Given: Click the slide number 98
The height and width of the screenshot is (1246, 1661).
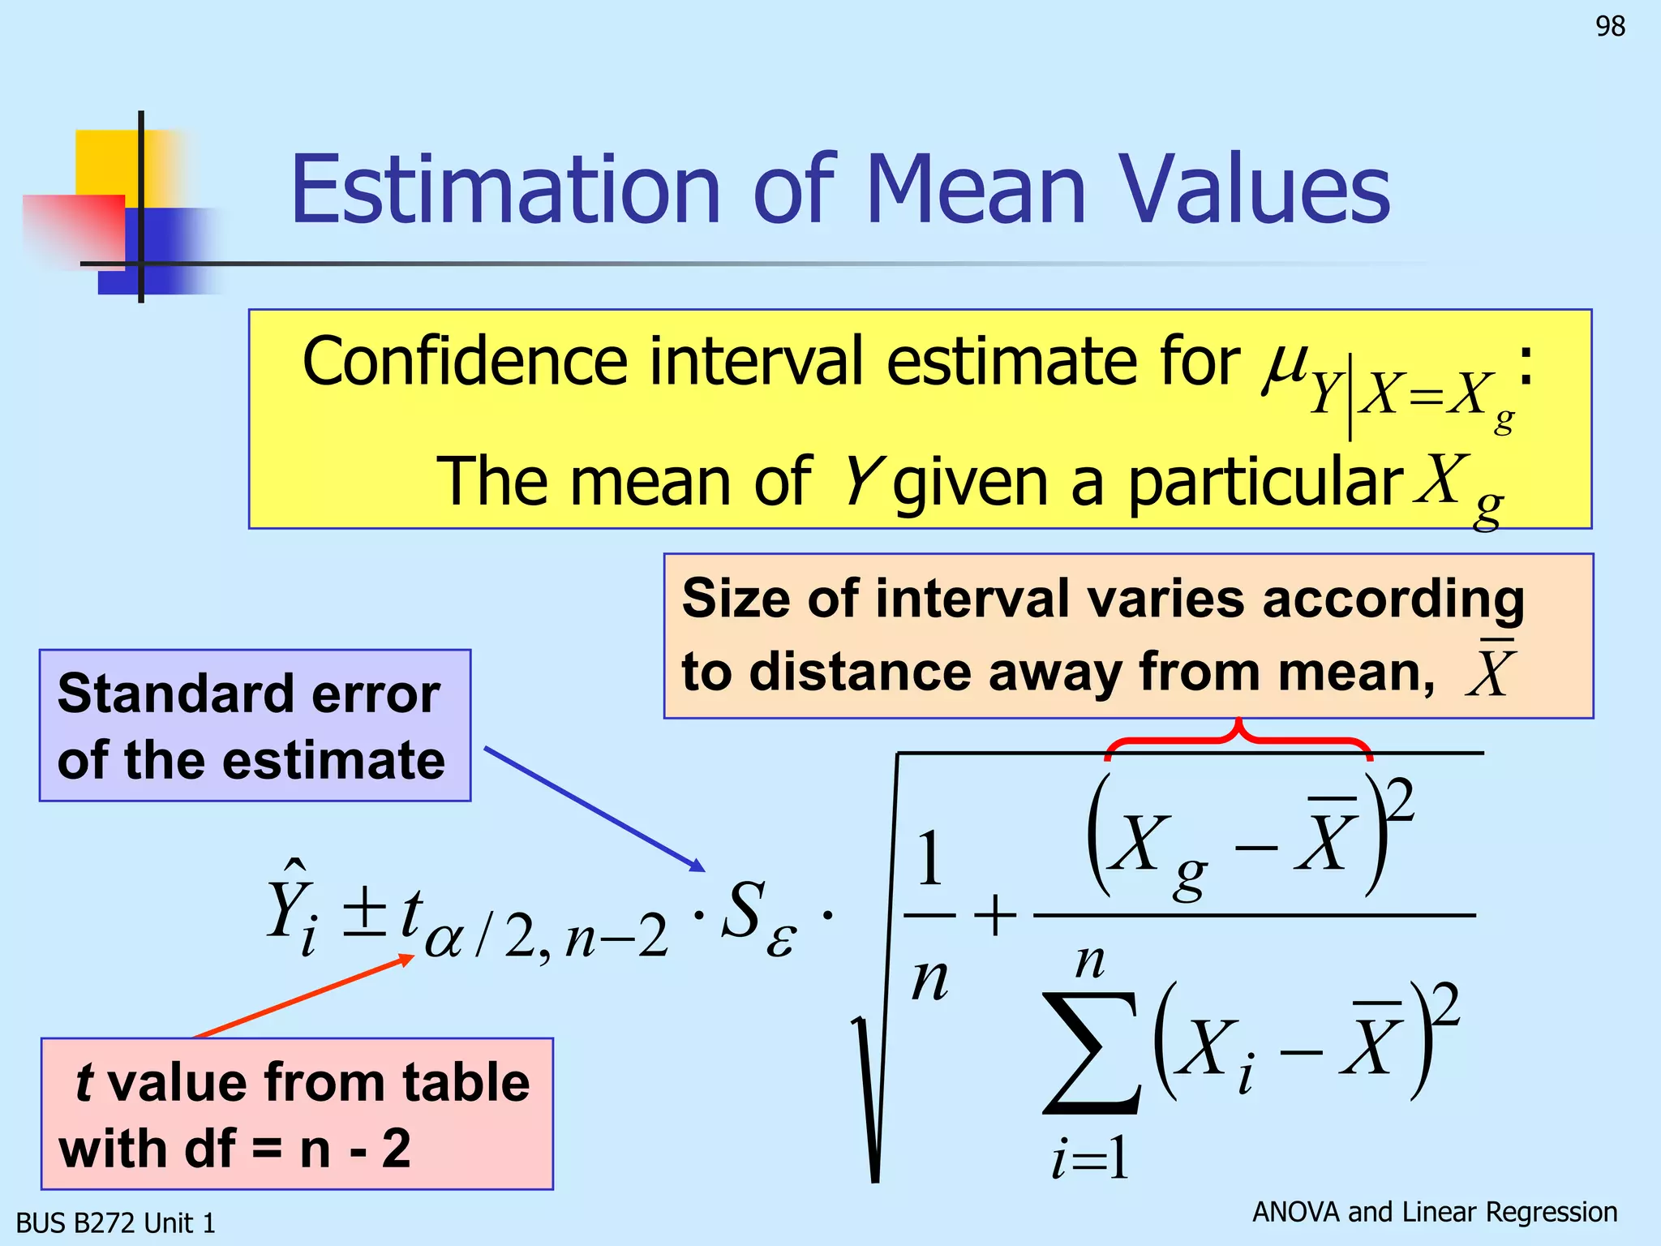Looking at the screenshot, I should (1610, 27).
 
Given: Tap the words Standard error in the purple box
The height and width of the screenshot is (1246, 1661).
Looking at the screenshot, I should (248, 694).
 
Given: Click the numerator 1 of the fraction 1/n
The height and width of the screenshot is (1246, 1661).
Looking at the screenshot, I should (929, 860).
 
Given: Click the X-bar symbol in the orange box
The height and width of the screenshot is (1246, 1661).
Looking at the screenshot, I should (1491, 670).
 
